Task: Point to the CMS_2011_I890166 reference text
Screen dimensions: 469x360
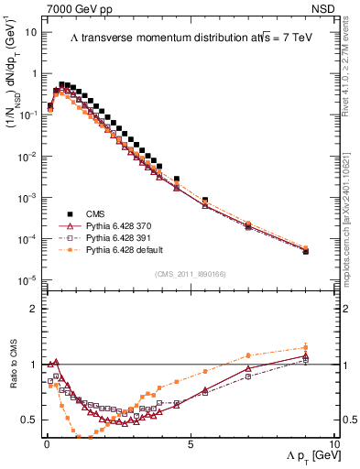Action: coord(189,273)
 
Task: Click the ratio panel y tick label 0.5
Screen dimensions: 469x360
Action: coord(29,420)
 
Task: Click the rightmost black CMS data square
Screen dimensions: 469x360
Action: coord(306,251)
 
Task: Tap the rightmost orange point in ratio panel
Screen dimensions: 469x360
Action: coord(306,347)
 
